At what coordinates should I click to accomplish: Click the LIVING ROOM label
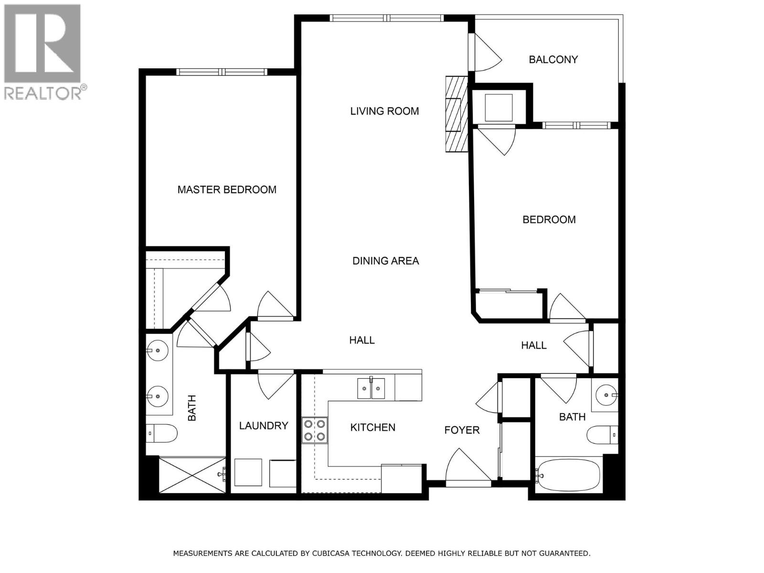point(384,111)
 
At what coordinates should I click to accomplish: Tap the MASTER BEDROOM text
point(227,190)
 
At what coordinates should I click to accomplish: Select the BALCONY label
point(553,60)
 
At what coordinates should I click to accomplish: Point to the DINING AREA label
point(385,261)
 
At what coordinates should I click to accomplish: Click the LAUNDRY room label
point(264,425)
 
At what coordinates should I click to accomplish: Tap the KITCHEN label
point(372,427)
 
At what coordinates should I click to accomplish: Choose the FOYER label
point(462,430)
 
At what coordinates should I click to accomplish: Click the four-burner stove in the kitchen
point(315,430)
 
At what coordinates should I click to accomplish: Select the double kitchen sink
point(371,388)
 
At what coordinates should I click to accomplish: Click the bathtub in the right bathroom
point(567,475)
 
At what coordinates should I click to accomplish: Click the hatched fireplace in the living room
point(456,114)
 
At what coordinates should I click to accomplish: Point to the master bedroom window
point(222,72)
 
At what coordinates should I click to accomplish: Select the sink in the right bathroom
point(605,395)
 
